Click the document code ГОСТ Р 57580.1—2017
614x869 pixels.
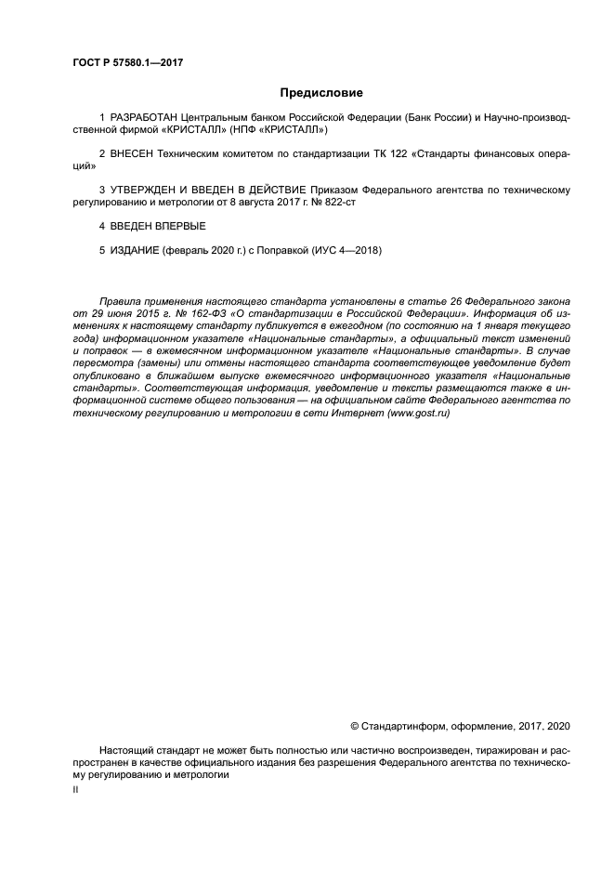pyautogui.click(x=126, y=63)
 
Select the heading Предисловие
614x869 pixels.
pyautogui.click(x=321, y=93)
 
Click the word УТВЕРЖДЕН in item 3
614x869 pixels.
pyautogui.click(x=149, y=190)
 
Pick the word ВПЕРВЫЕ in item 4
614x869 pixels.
pyautogui.click(x=178, y=226)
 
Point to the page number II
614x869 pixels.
pyautogui.click(x=76, y=788)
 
